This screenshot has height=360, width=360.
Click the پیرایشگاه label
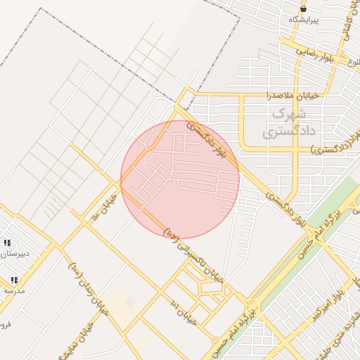pyautogui.click(x=304, y=20)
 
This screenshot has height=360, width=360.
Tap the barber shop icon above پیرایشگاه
pyautogui.click(x=303, y=9)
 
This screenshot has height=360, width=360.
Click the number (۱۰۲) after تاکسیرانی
pyautogui.click(x=172, y=231)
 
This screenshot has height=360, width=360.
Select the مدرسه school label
pyautogui.click(x=14, y=290)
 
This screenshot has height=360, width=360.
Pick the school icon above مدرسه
pyautogui.click(x=13, y=280)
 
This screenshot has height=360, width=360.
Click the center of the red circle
pyautogui.click(x=180, y=179)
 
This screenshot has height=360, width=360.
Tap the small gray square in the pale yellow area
pyautogui.click(x=130, y=302)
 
